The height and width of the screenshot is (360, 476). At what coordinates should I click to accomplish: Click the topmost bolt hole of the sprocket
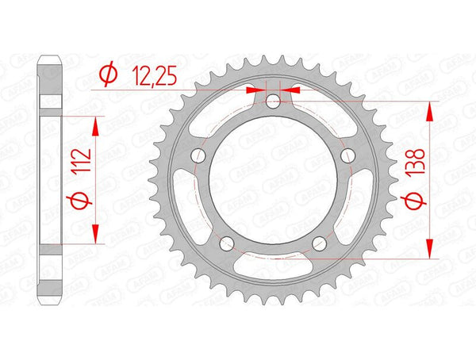coord(272,101)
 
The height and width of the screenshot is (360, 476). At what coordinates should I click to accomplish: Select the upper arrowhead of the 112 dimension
coord(97,123)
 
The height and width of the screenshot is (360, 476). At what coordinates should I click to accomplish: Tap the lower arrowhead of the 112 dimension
coord(97,234)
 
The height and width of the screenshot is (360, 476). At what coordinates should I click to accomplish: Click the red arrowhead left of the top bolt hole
coord(255,90)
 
